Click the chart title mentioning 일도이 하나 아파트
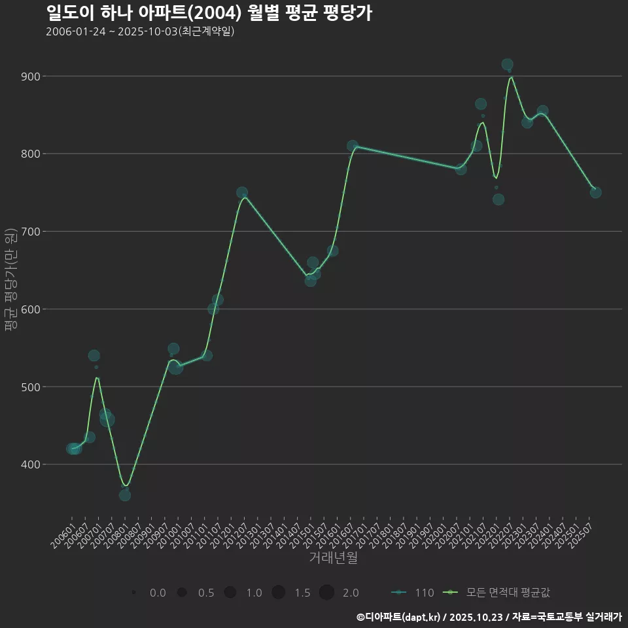click(x=209, y=13)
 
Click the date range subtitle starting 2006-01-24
click(x=140, y=32)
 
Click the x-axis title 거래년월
click(x=333, y=558)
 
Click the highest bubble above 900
click(x=507, y=65)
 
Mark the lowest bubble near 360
click(x=125, y=495)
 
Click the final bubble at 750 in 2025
click(x=595, y=192)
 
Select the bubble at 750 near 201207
click(x=242, y=193)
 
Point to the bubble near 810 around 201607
click(x=353, y=146)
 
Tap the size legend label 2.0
click(x=351, y=593)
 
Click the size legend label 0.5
click(x=206, y=593)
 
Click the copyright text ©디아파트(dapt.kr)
click(x=399, y=617)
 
